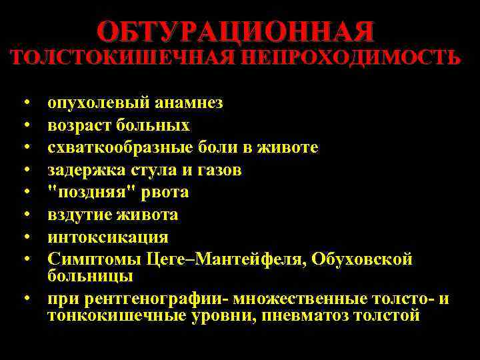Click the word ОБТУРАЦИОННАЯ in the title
tap(236, 31)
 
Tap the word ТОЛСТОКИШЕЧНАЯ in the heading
tap(123, 57)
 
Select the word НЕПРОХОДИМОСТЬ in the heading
tap(351, 57)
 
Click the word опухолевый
tap(98, 103)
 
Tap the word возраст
tap(79, 125)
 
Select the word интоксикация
tap(107, 237)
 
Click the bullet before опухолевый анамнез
tap(25, 103)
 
